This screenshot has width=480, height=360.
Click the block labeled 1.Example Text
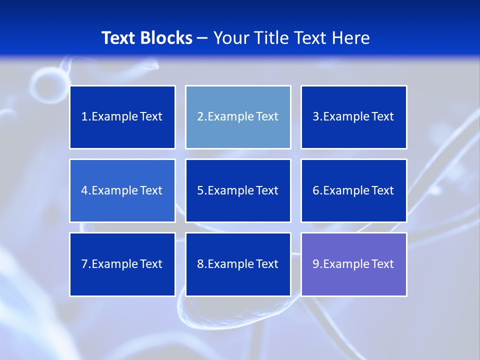coord(122,117)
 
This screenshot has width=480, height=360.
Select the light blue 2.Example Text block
coord(238,117)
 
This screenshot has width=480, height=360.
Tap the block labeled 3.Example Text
coord(353,117)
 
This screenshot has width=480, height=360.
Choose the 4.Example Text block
coord(122,190)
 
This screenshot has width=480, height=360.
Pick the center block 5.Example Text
coord(238,190)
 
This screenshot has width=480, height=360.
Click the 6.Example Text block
coord(353,190)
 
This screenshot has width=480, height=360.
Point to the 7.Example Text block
coord(122,264)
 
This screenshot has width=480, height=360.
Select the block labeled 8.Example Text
coord(238,264)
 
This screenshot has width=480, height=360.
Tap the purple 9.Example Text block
coord(353,264)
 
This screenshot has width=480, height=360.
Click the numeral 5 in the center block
coord(200,190)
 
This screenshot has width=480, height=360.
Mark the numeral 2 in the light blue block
coord(200,117)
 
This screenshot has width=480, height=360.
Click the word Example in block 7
coord(114,264)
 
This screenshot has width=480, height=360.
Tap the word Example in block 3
coord(345,117)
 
